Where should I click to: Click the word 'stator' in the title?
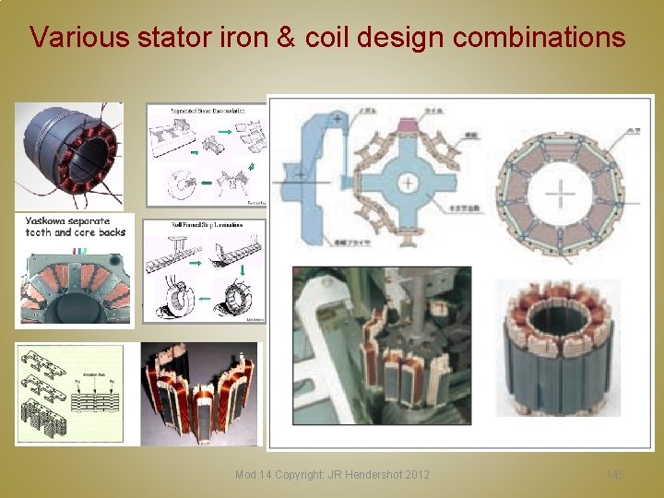pos(170,38)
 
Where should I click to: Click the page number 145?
pos(615,475)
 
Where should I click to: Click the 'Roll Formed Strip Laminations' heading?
pos(206,225)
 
